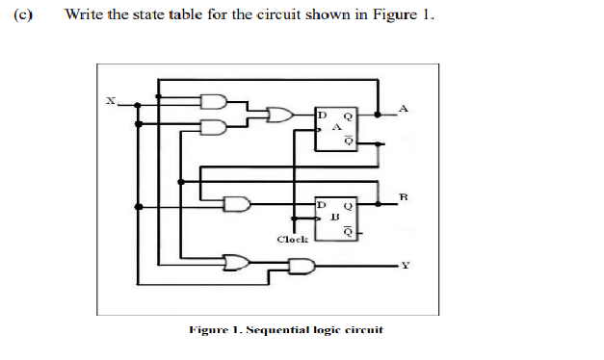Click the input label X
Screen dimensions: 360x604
coord(109,98)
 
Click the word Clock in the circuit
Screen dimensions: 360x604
coord(292,239)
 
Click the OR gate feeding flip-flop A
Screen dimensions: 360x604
coord(279,115)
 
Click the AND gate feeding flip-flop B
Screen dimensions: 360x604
coord(235,204)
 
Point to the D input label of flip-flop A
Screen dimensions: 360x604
coord(323,116)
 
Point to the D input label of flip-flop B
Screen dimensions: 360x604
coord(323,205)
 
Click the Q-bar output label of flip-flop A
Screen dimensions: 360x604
coord(350,142)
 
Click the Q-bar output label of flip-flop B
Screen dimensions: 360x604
coord(350,231)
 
